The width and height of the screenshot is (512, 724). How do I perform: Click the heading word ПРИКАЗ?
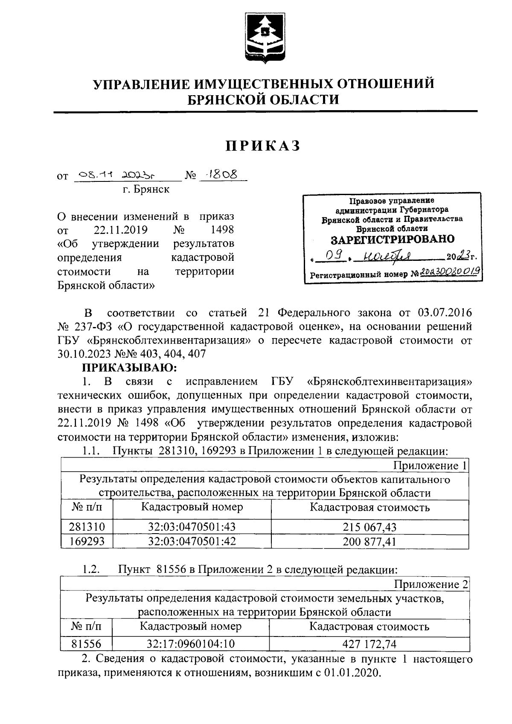click(263, 146)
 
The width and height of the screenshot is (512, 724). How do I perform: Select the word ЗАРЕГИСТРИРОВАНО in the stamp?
click(393, 239)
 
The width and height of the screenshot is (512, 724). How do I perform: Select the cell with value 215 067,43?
click(369, 527)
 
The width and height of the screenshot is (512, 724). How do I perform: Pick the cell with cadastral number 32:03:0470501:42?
click(192, 541)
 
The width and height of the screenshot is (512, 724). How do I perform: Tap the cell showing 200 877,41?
click(369, 542)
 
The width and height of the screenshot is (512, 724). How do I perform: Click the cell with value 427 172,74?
click(369, 644)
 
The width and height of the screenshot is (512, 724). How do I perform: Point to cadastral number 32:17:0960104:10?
click(191, 644)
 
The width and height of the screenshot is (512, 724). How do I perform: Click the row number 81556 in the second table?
click(87, 644)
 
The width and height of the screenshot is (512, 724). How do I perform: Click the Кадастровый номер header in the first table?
click(192, 507)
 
